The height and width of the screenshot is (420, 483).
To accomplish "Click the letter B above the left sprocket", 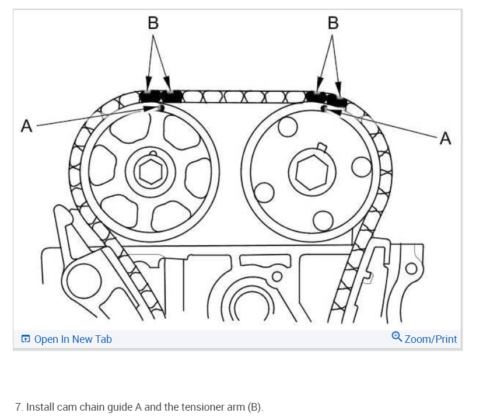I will [x=153, y=23].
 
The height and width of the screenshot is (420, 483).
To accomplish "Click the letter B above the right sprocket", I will [x=332, y=23].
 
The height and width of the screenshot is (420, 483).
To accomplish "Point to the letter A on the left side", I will [x=26, y=126].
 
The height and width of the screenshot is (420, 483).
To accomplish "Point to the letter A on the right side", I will [x=446, y=138].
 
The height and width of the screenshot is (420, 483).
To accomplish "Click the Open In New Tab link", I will [x=73, y=339].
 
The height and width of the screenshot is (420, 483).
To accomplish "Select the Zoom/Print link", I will [x=430, y=339].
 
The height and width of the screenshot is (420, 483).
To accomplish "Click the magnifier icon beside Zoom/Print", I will [x=397, y=337].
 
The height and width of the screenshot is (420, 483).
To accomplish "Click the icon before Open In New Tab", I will [x=26, y=339].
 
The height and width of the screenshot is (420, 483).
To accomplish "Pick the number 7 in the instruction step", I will [x=19, y=407].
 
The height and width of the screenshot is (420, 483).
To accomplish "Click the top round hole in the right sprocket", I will [x=287, y=126].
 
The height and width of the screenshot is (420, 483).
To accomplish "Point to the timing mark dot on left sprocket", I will [x=160, y=108].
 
